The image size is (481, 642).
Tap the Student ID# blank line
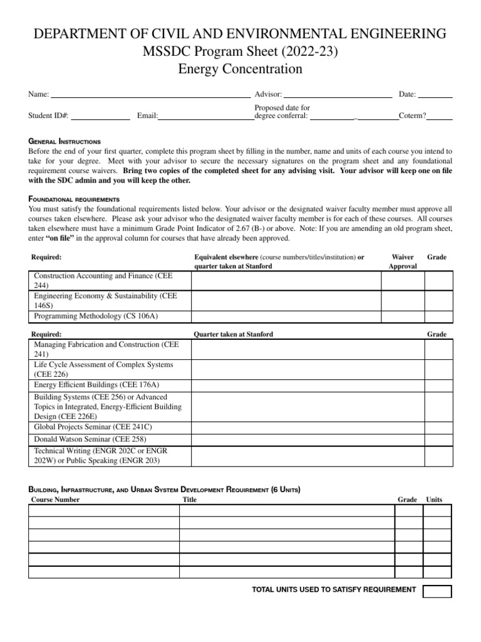click(x=100, y=117)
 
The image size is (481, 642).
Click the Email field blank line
click(x=206, y=117)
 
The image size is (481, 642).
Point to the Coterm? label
click(x=413, y=115)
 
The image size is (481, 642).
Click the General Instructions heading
click(x=65, y=142)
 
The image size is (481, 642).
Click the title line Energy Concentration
click(x=240, y=69)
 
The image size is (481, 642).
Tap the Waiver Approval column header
click(x=402, y=261)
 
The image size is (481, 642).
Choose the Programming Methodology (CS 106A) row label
click(x=96, y=316)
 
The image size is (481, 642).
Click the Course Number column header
click(x=56, y=500)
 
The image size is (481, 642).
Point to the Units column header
click(x=434, y=500)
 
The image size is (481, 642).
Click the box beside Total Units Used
click(x=437, y=591)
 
